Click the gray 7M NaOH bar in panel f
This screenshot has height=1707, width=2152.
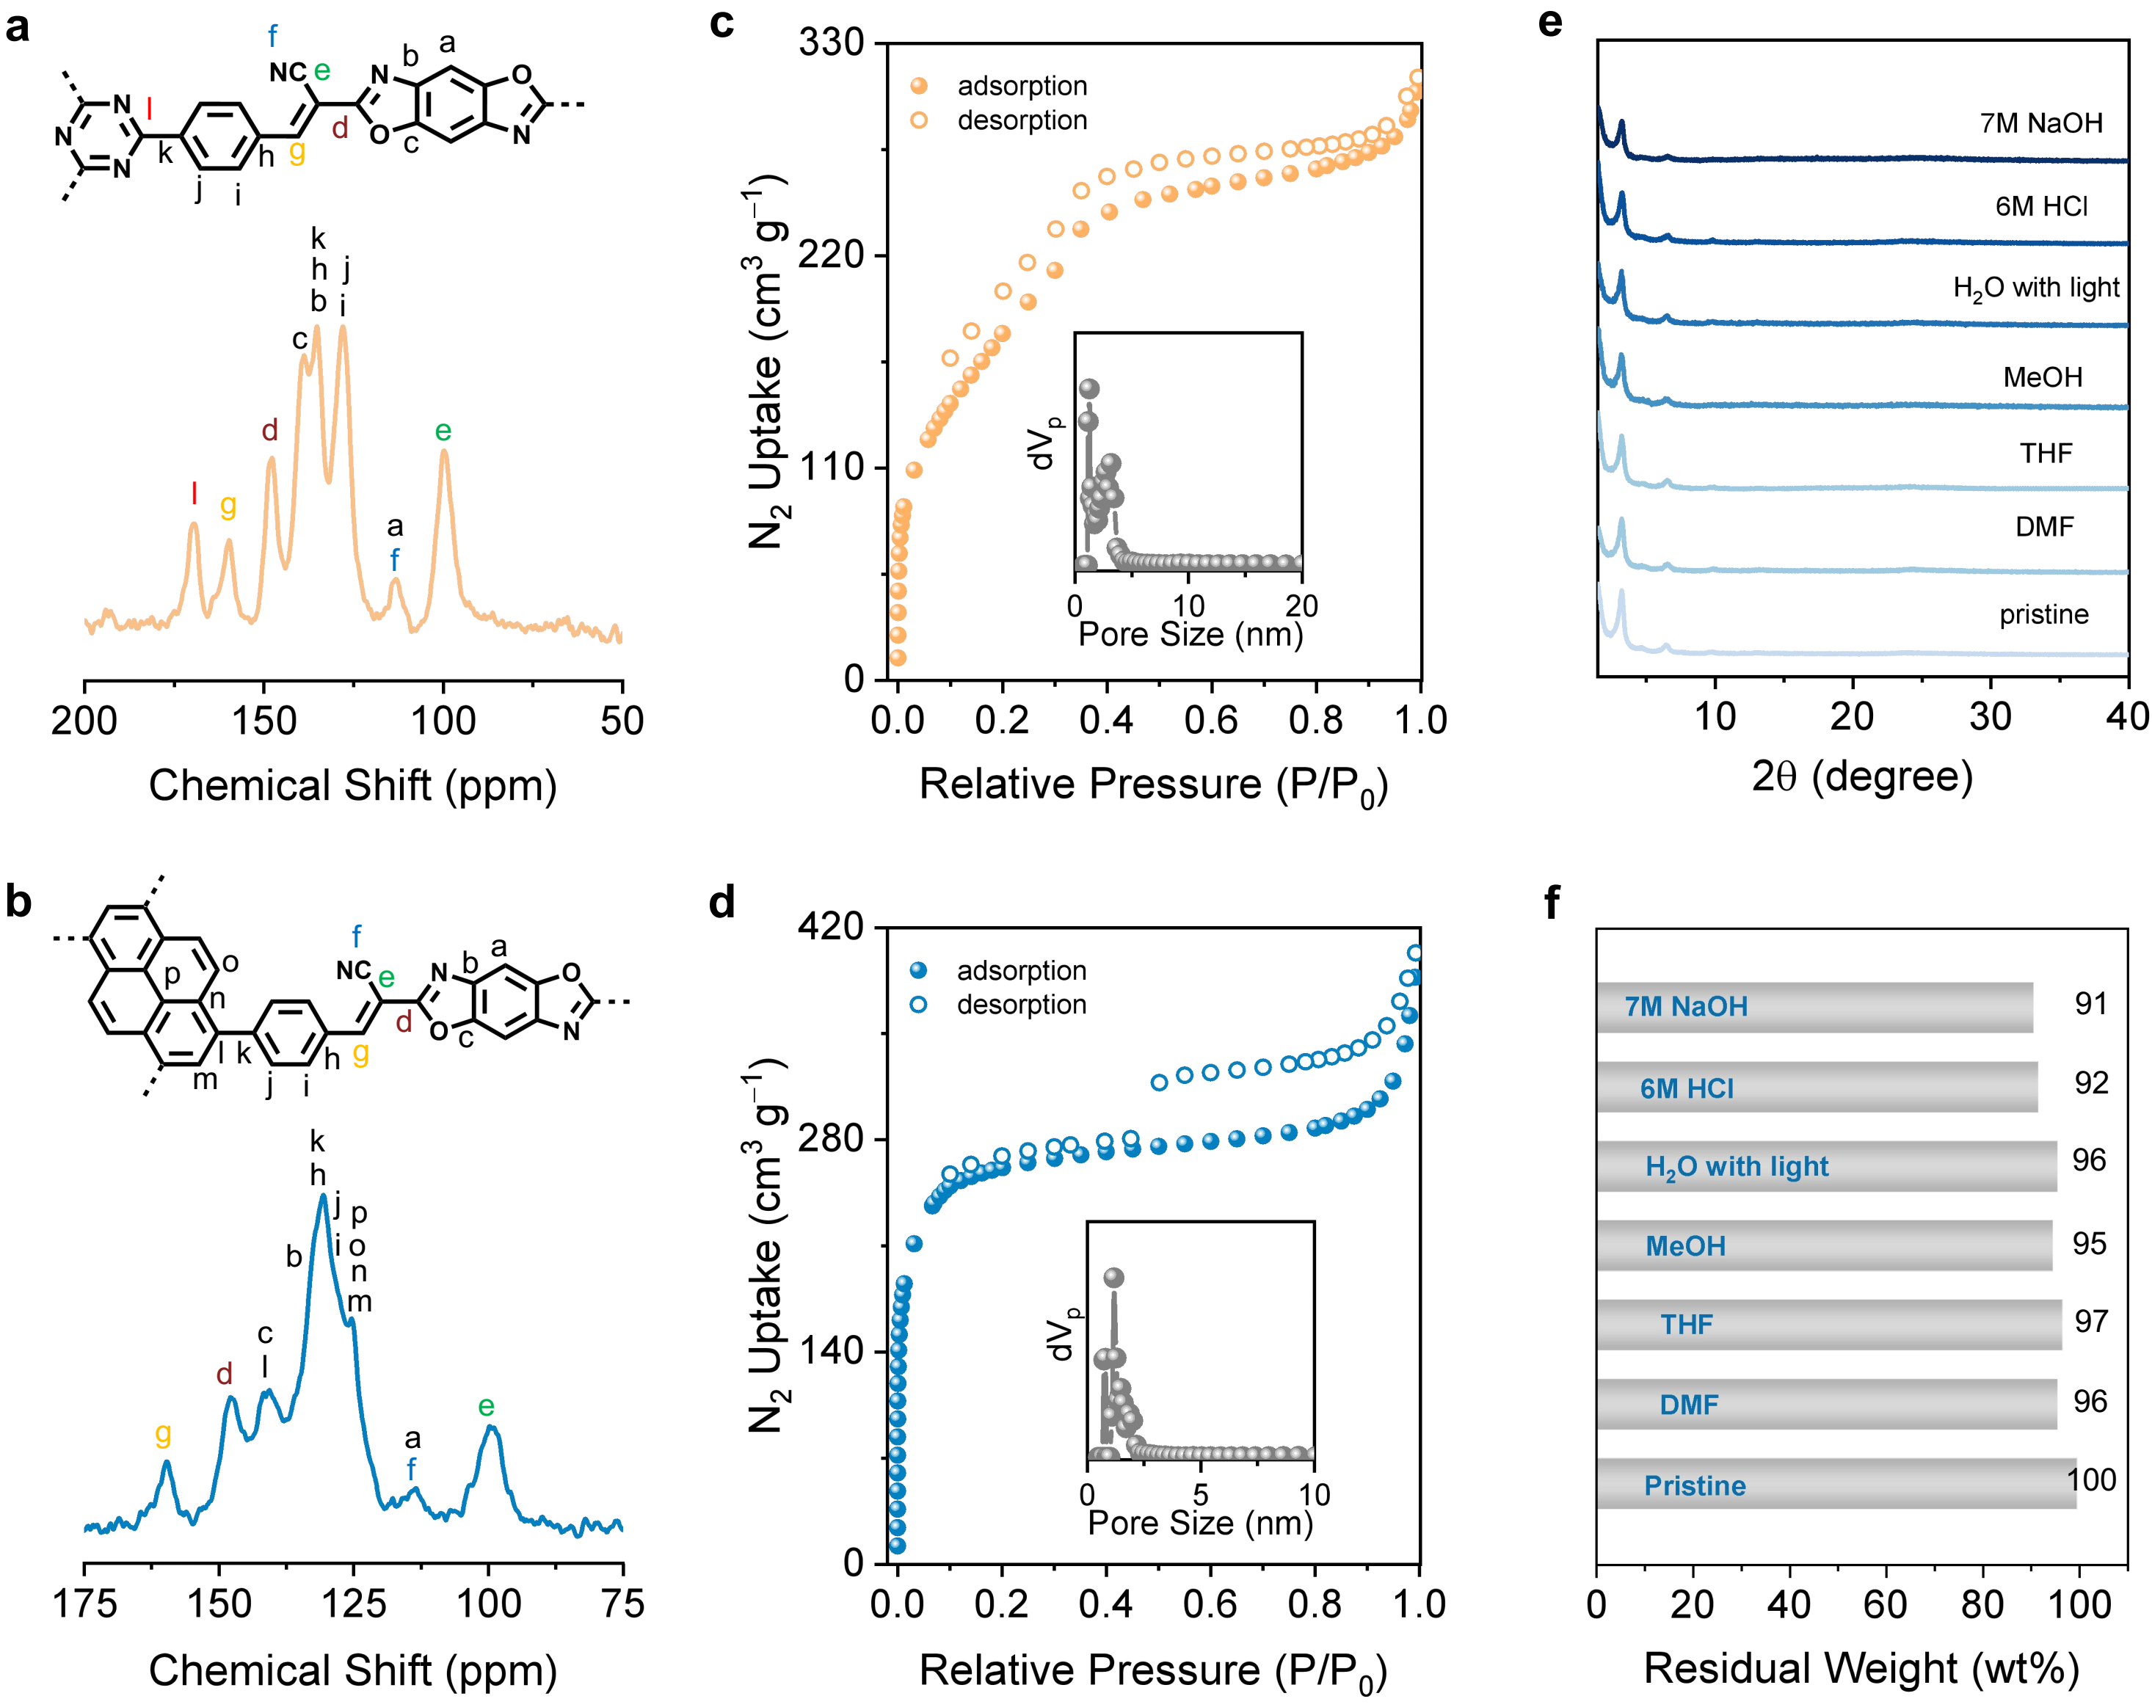point(1814,1007)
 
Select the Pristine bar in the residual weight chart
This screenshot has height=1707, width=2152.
point(1836,1485)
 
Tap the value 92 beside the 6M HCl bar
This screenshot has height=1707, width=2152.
point(2091,1083)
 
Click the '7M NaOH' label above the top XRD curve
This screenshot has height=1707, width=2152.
point(2041,124)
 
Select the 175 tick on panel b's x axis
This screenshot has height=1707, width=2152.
point(85,1604)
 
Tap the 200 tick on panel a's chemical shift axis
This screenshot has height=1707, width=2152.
point(85,721)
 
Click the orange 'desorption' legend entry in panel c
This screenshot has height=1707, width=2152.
point(1021,121)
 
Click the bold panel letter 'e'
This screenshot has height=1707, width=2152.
point(1550,22)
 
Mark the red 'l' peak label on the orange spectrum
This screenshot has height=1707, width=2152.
point(194,492)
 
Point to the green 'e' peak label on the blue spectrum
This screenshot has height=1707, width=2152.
point(486,1407)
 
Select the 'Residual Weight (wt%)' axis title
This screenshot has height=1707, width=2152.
point(1861,1668)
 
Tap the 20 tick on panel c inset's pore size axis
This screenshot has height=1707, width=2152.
point(1301,606)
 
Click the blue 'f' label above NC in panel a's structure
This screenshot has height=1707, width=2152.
point(272,37)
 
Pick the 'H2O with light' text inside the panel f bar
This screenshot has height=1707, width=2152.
point(1737,1167)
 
